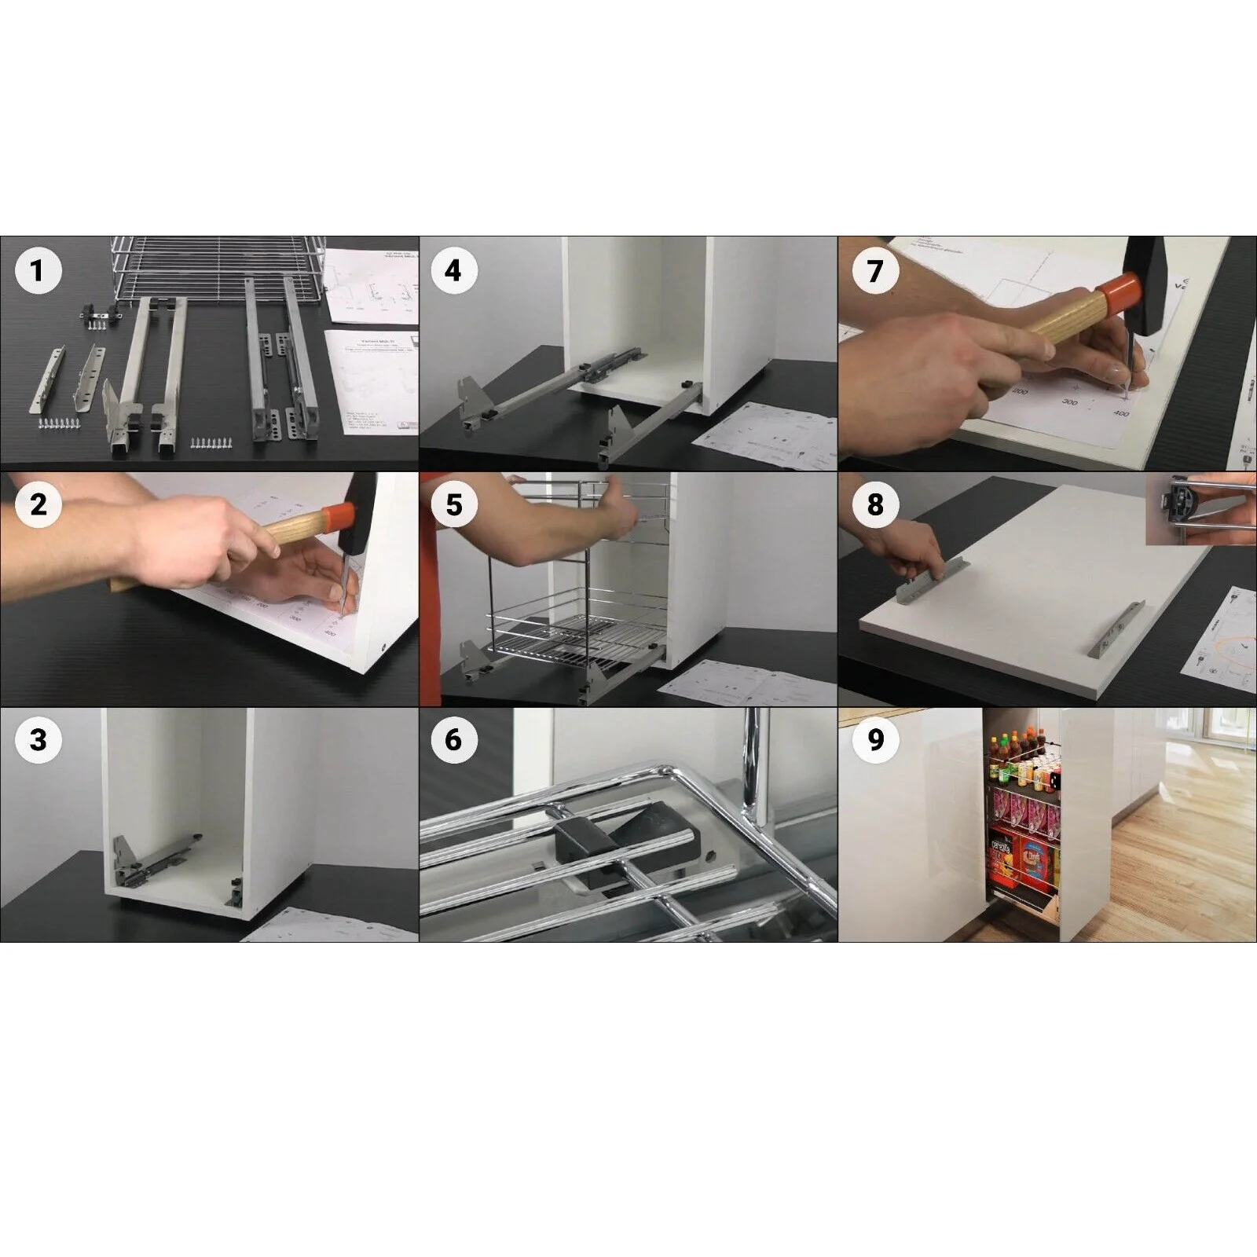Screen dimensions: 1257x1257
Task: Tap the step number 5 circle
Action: tap(453, 504)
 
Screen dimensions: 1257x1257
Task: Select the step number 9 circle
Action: tap(875, 739)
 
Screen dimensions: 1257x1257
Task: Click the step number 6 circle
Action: tap(453, 739)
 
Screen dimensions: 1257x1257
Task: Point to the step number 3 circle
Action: tap(37, 739)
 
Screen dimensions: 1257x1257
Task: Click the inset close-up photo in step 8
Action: tap(1200, 509)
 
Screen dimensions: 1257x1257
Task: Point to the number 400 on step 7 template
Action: tap(1121, 413)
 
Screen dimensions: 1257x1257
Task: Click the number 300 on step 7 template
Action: tap(1069, 402)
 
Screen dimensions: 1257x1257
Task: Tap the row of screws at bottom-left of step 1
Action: tap(60, 424)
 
